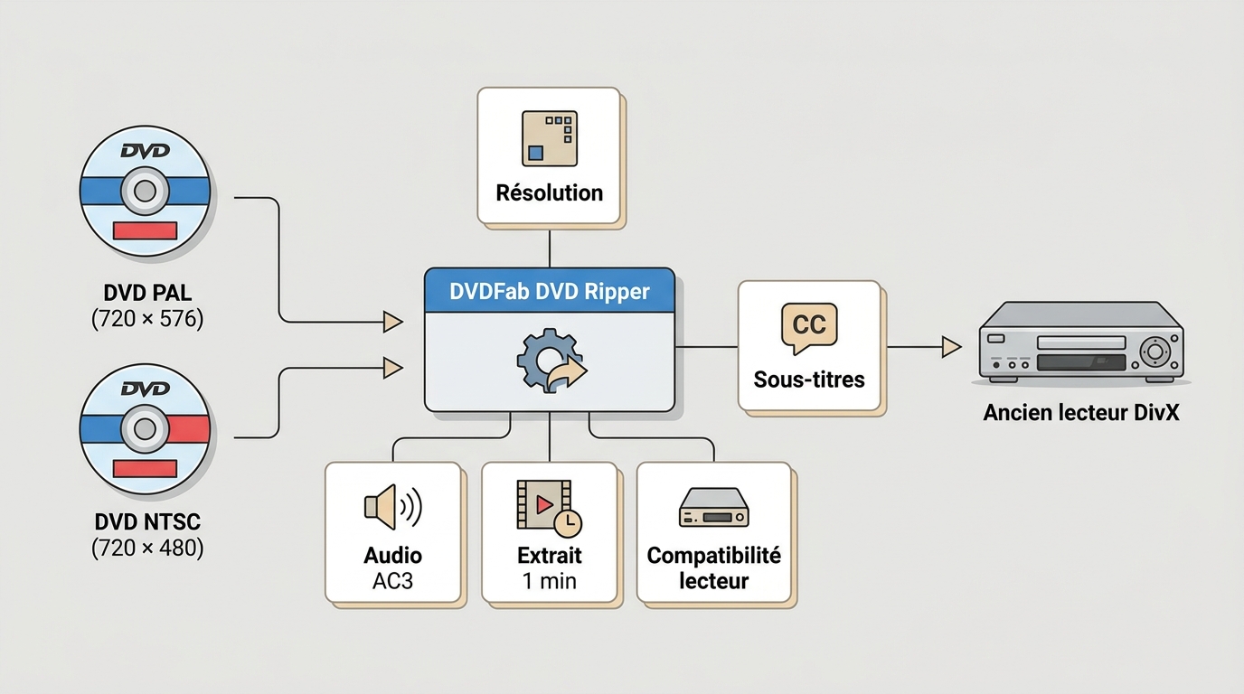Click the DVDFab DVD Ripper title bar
coord(550,290)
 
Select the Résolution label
coord(550,192)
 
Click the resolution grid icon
coord(550,138)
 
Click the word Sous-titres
coord(809,380)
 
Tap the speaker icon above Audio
coord(392,507)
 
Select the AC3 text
coord(392,581)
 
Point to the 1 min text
coord(550,581)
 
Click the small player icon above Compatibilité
coord(713,507)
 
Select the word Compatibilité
coord(713,555)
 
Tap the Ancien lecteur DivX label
coord(1080,412)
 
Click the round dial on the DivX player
coord(1155,351)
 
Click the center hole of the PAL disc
coord(145,191)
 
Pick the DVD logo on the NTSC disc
coord(146,389)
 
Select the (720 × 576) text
coord(147,319)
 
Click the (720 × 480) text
coord(147,548)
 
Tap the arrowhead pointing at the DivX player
coord(951,347)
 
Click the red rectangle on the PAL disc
coord(145,230)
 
